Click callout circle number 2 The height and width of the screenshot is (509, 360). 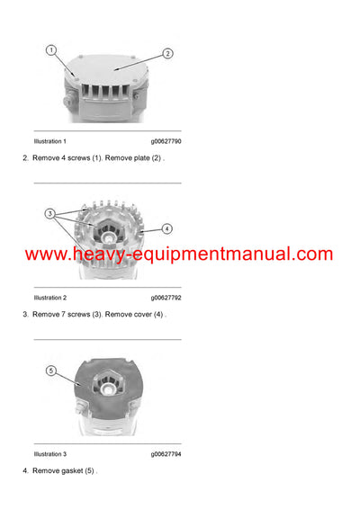click(x=167, y=53)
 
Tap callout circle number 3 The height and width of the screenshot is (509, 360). click(x=50, y=215)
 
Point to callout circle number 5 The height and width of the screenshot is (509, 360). click(x=50, y=371)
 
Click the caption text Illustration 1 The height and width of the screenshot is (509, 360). click(x=49, y=141)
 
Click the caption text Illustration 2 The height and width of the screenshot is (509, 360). click(x=49, y=297)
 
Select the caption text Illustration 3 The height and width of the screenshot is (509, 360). click(x=49, y=454)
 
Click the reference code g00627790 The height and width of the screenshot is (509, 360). click(x=165, y=141)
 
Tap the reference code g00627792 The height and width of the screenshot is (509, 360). click(x=165, y=297)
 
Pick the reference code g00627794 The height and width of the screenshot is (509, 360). click(x=165, y=454)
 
